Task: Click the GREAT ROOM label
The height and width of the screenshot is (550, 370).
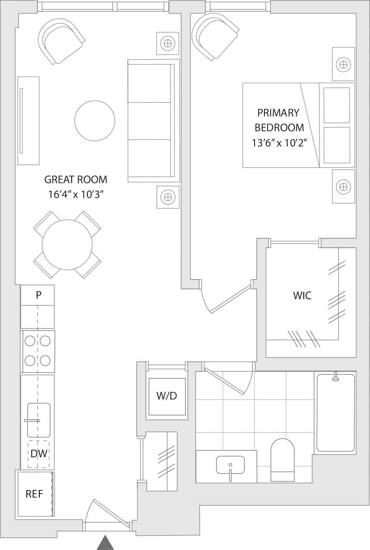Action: (x=76, y=180)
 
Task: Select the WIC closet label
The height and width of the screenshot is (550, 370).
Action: (x=302, y=296)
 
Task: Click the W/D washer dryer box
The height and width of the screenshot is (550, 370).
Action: (x=166, y=396)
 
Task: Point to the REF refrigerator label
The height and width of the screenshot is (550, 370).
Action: (x=34, y=494)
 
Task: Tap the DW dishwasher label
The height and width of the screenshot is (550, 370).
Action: (x=38, y=454)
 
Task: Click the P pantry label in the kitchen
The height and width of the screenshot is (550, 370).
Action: (x=38, y=295)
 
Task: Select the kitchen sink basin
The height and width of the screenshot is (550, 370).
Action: (x=39, y=420)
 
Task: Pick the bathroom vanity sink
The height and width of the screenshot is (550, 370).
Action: (x=230, y=465)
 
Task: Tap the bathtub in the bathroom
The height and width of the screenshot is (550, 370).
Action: (x=335, y=412)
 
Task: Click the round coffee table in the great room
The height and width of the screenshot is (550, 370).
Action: (x=94, y=120)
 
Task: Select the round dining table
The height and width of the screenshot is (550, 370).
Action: (x=67, y=245)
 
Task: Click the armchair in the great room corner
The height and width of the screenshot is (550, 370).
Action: (x=61, y=41)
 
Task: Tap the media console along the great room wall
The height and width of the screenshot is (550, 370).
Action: (x=28, y=120)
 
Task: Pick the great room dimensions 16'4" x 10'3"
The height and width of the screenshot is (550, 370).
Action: (x=76, y=195)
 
